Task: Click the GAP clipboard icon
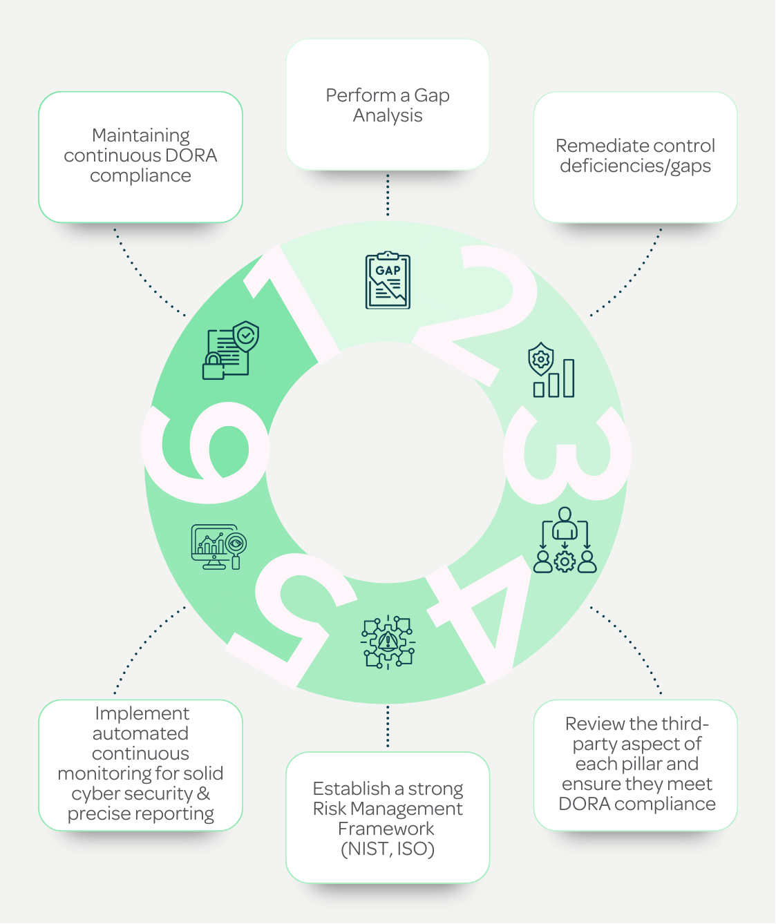tap(388, 280)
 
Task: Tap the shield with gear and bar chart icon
tap(551, 369)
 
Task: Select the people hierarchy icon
tap(565, 540)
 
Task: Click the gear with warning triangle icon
tap(388, 642)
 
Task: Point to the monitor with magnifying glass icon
tap(219, 547)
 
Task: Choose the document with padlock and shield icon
tap(231, 350)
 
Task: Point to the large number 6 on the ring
tap(205, 452)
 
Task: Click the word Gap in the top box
tap(431, 96)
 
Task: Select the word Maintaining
tap(141, 136)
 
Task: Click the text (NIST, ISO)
tap(388, 849)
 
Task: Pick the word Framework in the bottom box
tap(386, 829)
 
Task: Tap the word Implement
tap(142, 714)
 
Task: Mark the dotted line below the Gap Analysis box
tap(388, 195)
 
